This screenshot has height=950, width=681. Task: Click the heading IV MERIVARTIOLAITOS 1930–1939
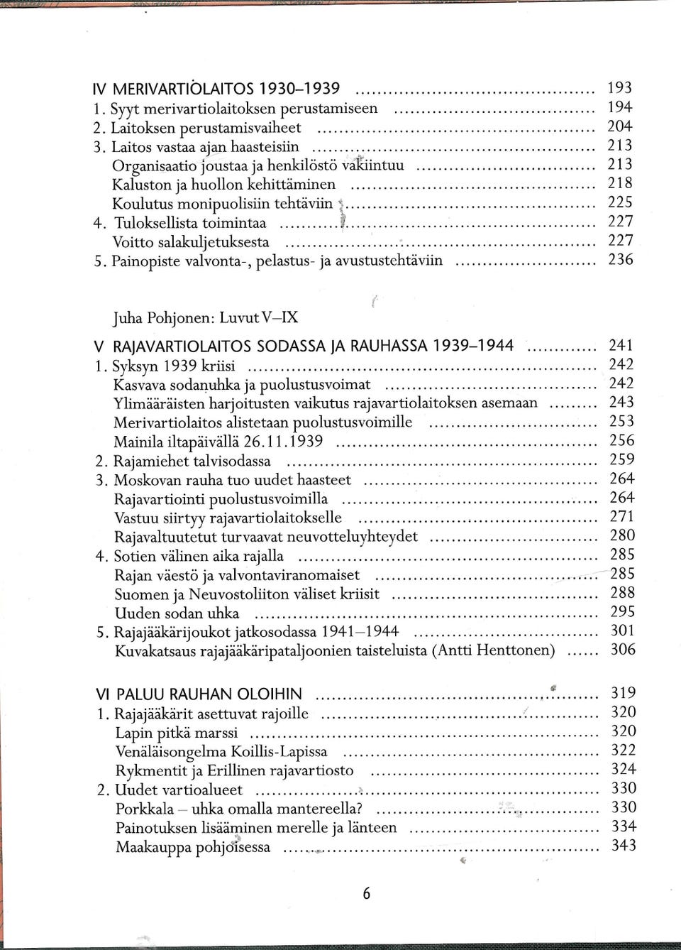(216, 89)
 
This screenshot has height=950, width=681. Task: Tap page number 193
(619, 88)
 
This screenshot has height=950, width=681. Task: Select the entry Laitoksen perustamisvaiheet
(206, 128)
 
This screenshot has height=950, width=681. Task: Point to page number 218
(619, 183)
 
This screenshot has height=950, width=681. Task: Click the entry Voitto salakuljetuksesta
(191, 242)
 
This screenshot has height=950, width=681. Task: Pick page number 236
(620, 260)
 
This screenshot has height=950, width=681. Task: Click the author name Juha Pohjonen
(162, 317)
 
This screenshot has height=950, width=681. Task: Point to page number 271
(622, 517)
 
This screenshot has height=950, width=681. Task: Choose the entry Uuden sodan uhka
(177, 613)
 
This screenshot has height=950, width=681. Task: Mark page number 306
(623, 650)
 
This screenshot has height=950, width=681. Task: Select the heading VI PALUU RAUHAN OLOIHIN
(199, 694)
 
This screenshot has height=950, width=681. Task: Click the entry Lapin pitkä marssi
(177, 733)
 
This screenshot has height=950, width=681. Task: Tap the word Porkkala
(145, 809)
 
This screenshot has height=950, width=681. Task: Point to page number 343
(624, 846)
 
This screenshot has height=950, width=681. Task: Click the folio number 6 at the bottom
(366, 894)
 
